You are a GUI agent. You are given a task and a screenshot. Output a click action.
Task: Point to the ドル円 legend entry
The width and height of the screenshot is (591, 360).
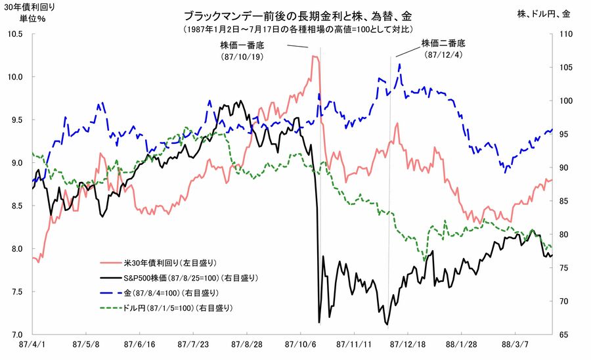click(176, 307)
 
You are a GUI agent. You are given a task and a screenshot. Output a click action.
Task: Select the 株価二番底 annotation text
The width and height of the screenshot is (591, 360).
click(443, 43)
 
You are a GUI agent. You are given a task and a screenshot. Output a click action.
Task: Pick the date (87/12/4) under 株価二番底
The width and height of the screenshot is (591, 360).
click(443, 55)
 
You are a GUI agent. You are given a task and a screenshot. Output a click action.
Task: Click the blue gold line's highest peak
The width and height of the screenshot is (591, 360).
click(399, 64)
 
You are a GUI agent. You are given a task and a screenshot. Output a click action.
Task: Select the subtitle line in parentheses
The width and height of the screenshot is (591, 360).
click(298, 29)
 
